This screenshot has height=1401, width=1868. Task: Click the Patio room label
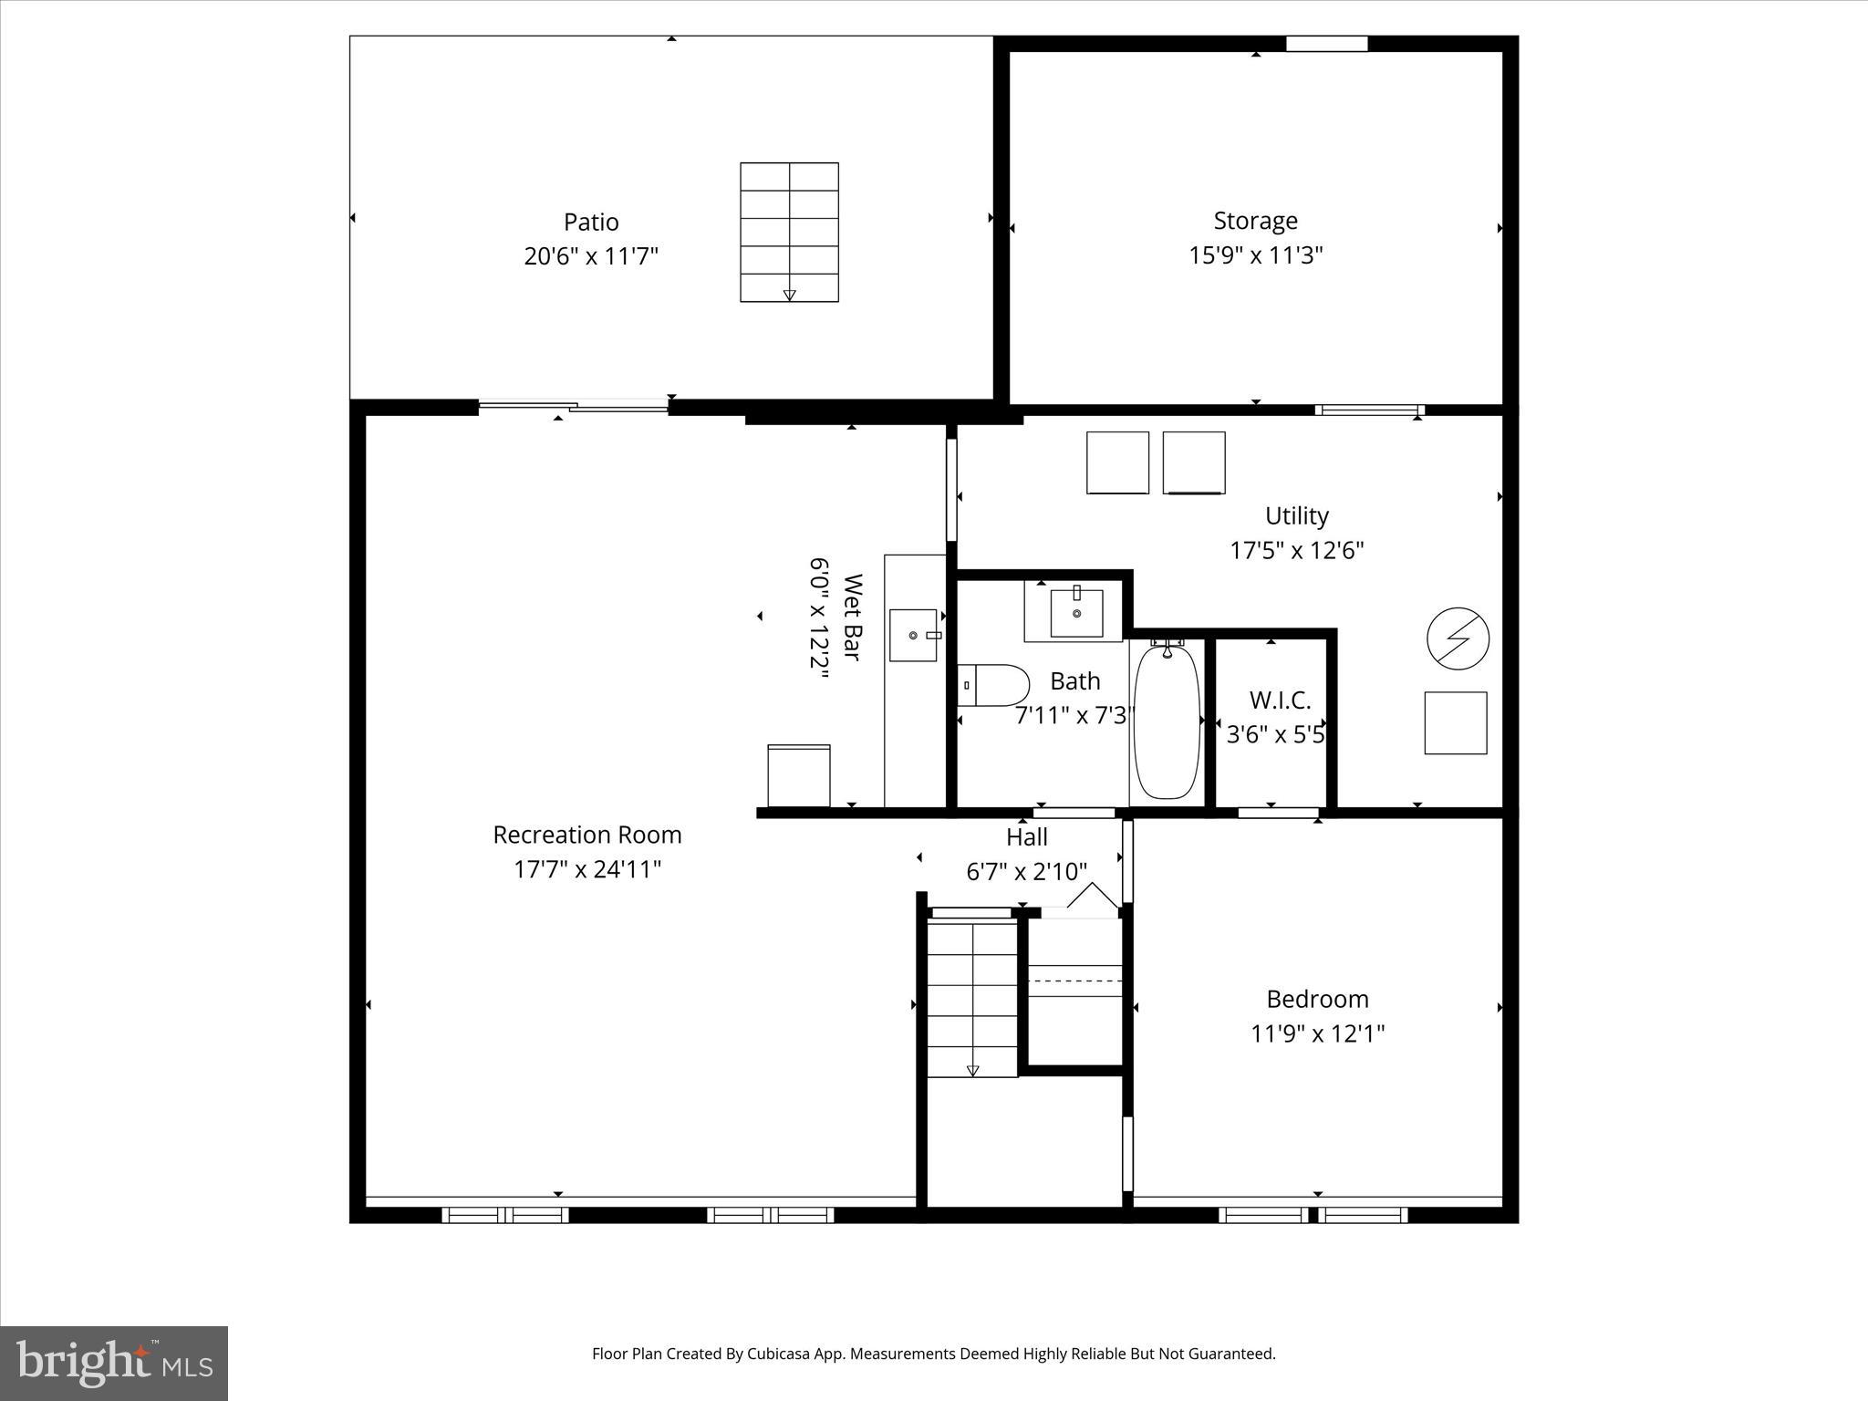(591, 222)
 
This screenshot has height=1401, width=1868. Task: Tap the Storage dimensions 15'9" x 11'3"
(1255, 255)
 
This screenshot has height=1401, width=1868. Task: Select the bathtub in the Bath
(1166, 722)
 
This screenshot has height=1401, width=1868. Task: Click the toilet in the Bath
(994, 685)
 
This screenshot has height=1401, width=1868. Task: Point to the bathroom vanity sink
(1076, 613)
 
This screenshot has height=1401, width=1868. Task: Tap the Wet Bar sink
(914, 635)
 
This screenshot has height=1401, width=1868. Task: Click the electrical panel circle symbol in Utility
(1458, 638)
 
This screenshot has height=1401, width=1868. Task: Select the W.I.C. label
(1280, 700)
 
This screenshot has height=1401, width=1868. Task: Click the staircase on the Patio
(789, 232)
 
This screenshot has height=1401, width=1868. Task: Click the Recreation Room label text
(587, 835)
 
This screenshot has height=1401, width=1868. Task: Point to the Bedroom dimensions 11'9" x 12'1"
(1317, 1033)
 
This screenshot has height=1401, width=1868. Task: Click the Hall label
(1026, 836)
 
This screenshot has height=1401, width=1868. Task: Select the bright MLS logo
(114, 1364)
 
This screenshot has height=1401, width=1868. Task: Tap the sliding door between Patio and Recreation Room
(574, 407)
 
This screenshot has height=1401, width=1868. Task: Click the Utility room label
(1296, 515)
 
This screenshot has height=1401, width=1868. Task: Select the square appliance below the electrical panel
(1456, 722)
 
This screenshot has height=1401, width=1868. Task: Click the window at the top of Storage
(1326, 44)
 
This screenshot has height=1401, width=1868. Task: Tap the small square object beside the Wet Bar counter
(799, 775)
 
